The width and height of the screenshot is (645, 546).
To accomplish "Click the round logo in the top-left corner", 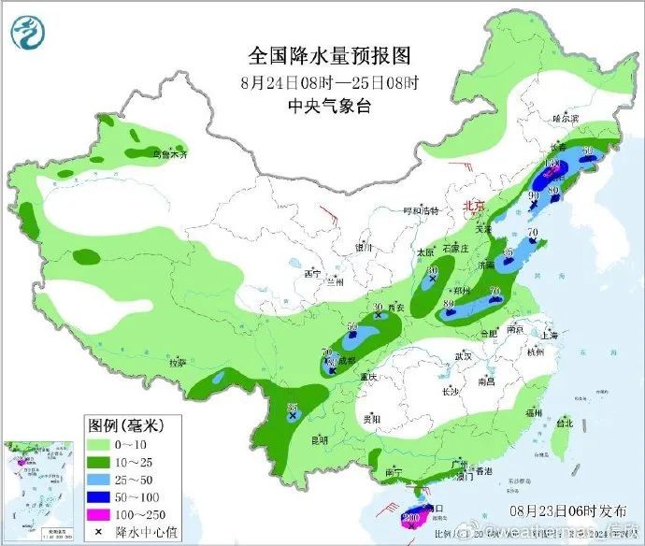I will (x=27, y=33).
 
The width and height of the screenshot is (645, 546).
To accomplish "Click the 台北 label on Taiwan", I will (x=564, y=423).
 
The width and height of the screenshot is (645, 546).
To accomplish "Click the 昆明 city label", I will (x=320, y=438).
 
